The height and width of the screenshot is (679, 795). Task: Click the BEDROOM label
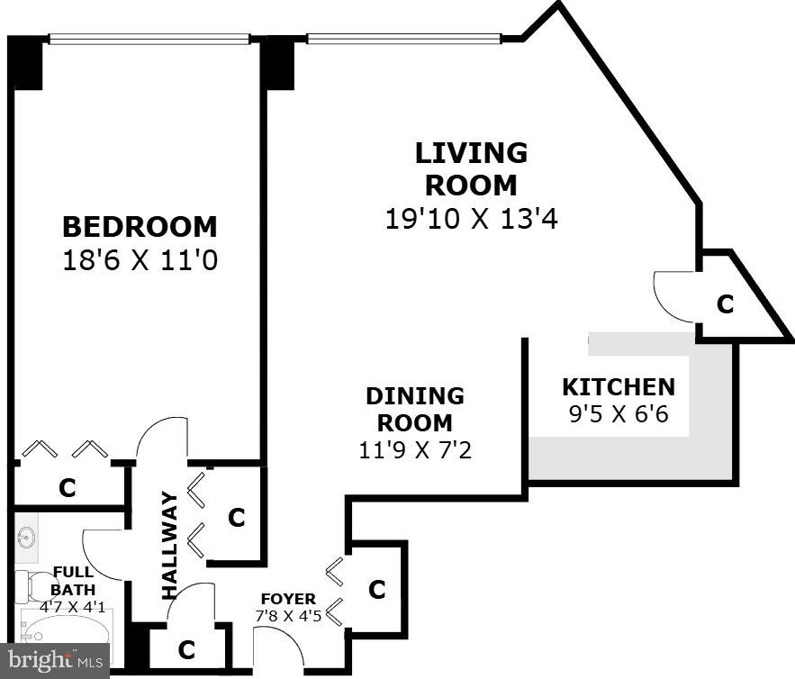point(140,225)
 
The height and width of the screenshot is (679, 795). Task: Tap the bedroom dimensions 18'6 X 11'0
point(140,260)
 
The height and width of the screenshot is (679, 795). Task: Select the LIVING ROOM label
point(471,168)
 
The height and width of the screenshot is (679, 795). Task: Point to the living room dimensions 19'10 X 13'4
point(471,218)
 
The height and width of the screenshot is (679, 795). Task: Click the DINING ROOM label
point(415,409)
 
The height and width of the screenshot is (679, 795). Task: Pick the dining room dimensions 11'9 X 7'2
point(415,448)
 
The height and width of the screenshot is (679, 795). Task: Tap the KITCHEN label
point(618,387)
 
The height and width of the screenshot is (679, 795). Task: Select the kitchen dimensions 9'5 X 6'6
point(618,417)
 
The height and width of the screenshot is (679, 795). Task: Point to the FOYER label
point(288,599)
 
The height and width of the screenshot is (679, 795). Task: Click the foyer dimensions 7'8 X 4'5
point(288,616)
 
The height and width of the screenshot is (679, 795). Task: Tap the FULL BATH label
point(73,580)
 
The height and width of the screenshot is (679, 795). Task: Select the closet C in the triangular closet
point(725,304)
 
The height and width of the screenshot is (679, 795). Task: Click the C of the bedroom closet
point(67,488)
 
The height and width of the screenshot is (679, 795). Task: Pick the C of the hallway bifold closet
point(237,518)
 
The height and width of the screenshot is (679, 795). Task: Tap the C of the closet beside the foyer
point(377,590)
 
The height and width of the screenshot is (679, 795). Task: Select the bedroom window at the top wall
point(148,39)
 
